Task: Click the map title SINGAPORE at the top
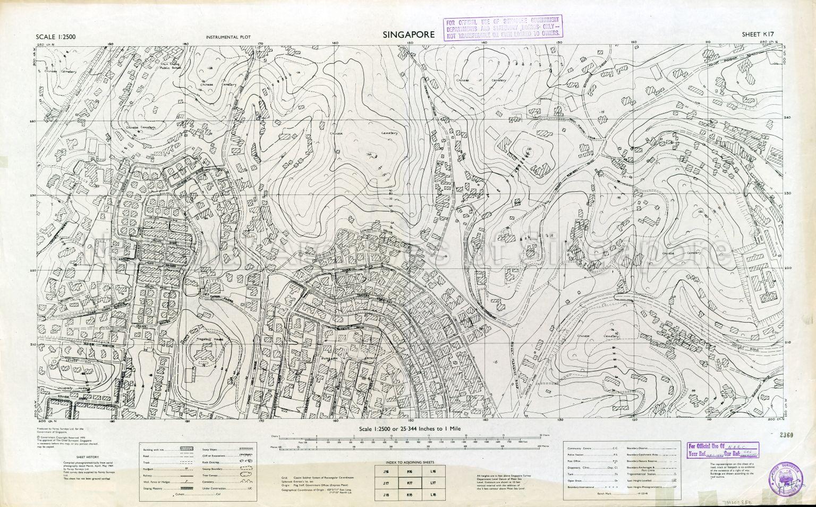click(x=408, y=35)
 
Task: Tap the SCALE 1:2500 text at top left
click(x=55, y=37)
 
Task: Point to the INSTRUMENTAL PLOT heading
click(x=227, y=38)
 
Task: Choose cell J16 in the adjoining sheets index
click(x=386, y=471)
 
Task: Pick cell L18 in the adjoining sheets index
click(x=432, y=495)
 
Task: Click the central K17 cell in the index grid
click(x=409, y=483)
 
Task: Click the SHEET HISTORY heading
click(x=87, y=457)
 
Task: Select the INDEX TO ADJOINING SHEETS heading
click(x=409, y=463)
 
